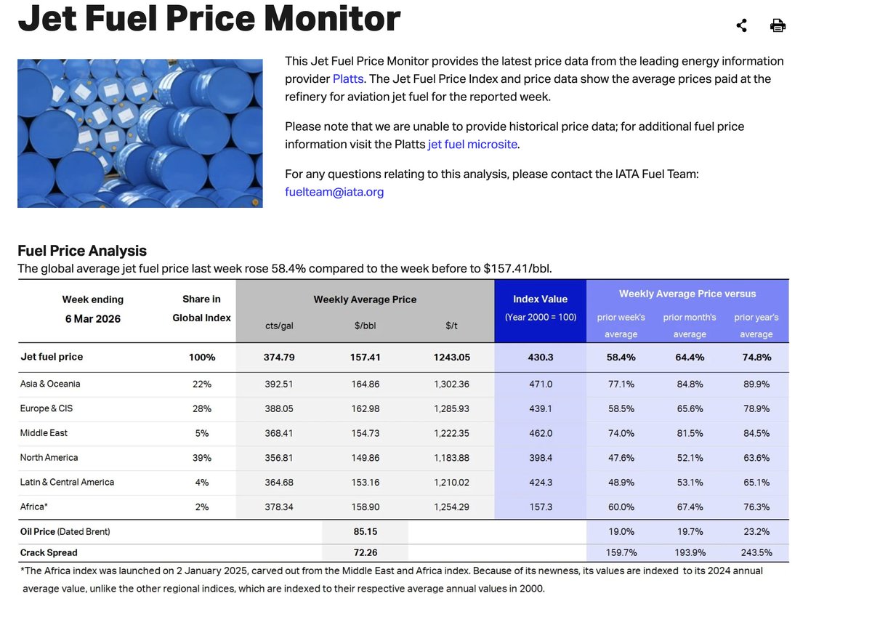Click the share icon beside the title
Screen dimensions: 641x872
click(741, 26)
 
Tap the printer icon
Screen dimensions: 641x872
click(778, 26)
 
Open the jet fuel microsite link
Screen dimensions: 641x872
click(472, 144)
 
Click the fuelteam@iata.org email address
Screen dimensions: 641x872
click(334, 192)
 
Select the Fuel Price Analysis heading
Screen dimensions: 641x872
click(82, 251)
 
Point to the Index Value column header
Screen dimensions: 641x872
click(540, 299)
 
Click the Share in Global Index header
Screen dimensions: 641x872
click(201, 308)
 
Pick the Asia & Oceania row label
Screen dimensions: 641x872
click(50, 384)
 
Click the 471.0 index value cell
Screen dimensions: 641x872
click(541, 384)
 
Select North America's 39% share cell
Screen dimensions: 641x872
click(201, 458)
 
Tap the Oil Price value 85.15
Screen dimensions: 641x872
click(365, 532)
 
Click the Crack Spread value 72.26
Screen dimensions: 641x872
click(365, 552)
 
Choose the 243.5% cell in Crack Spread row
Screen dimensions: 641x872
click(756, 552)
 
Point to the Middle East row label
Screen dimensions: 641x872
click(44, 433)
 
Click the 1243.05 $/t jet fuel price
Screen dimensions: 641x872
click(451, 357)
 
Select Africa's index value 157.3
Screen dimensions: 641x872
click(541, 507)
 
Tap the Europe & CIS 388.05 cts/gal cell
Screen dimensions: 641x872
click(279, 408)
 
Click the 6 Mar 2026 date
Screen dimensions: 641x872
click(92, 318)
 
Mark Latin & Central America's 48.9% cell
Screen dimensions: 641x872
click(621, 483)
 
